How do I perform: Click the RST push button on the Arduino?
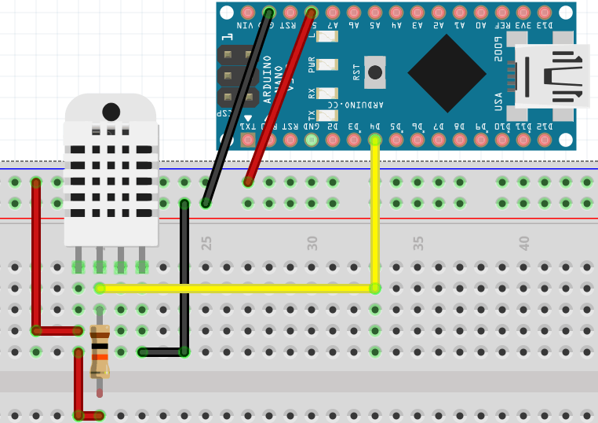(x=375, y=72)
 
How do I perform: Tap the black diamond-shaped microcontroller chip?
(x=447, y=73)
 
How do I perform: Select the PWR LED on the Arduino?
(x=327, y=64)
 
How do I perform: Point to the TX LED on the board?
(x=327, y=115)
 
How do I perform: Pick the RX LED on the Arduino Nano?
(x=327, y=94)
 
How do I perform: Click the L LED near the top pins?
(x=327, y=36)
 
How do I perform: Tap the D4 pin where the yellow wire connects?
(x=375, y=140)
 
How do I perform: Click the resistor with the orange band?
(x=100, y=351)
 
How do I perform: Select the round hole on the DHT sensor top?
(x=111, y=112)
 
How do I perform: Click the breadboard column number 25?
(x=206, y=243)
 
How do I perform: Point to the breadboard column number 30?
(x=312, y=243)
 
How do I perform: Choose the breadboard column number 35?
(x=418, y=243)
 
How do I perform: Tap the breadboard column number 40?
(x=524, y=243)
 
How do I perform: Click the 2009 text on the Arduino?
(x=498, y=49)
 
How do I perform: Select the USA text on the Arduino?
(x=498, y=101)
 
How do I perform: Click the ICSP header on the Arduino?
(x=237, y=76)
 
